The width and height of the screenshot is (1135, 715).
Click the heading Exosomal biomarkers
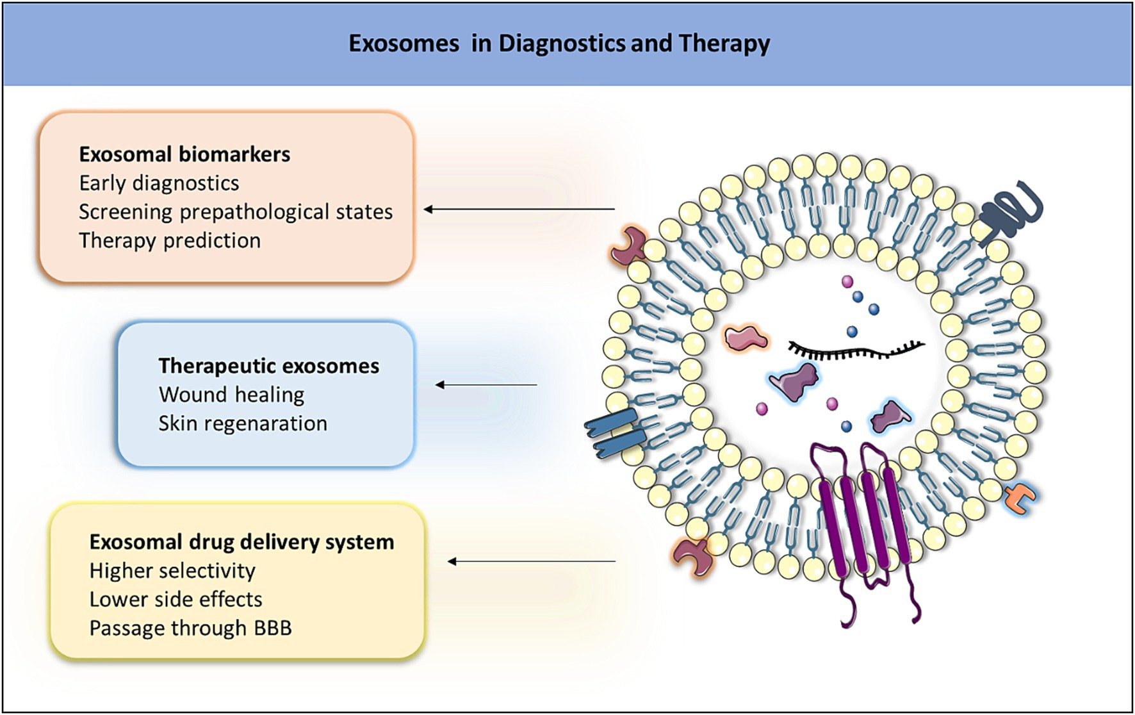point(184,154)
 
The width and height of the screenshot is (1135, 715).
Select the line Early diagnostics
point(159,183)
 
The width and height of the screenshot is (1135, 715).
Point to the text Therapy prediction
point(170,241)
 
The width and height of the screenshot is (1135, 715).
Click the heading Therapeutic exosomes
point(268,366)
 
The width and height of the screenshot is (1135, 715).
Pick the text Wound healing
point(231,395)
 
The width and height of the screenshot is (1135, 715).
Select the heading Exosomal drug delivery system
point(241,542)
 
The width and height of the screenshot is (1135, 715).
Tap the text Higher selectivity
point(172,571)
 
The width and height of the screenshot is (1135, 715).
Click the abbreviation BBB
point(273,628)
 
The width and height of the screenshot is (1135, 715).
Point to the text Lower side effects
point(176,600)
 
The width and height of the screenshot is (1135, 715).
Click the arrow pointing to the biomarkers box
point(519,209)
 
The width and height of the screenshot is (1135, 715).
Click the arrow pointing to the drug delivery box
point(531,562)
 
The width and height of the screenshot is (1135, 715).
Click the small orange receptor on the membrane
point(1020,499)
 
